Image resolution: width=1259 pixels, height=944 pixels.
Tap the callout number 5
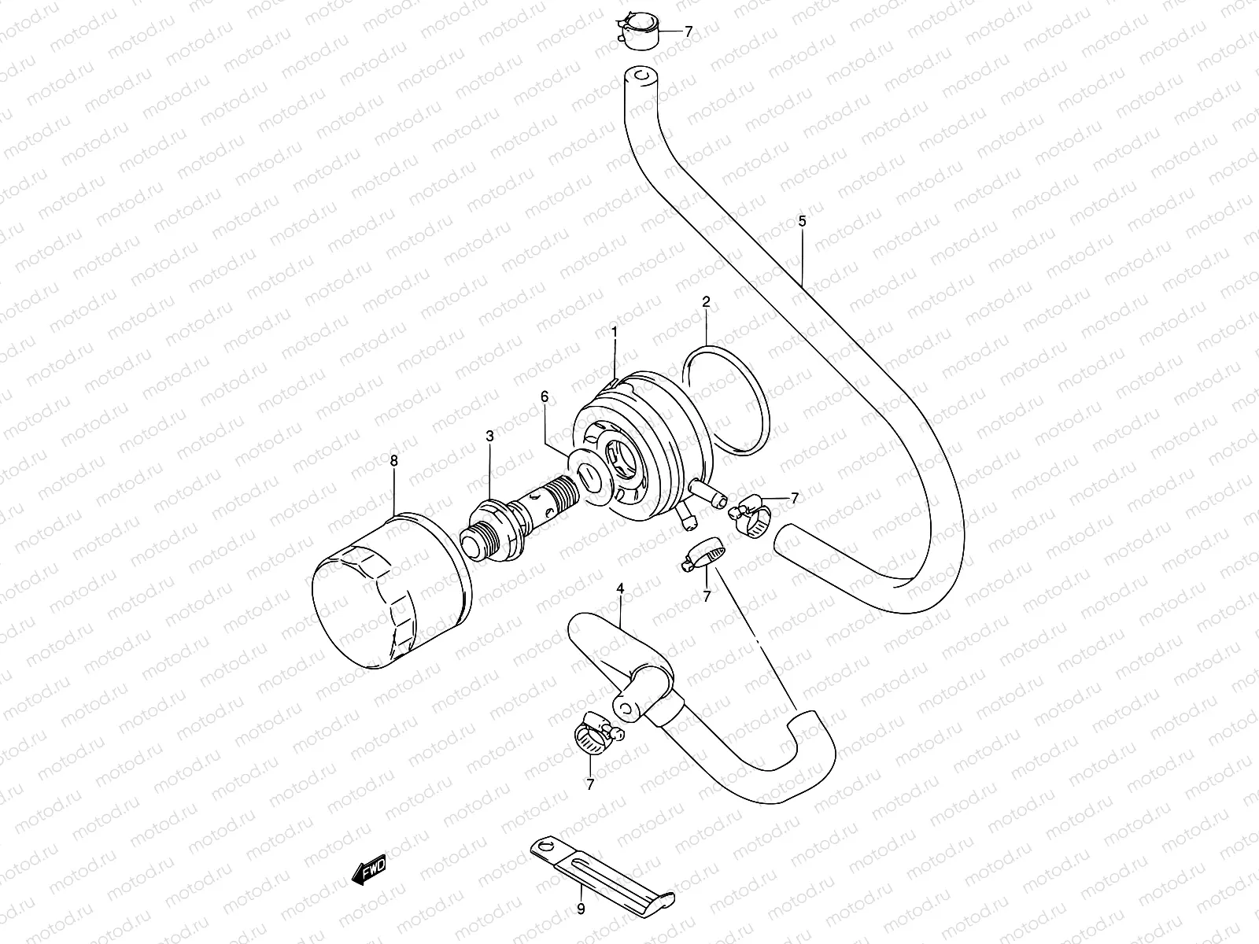802,221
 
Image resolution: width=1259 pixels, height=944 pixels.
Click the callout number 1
615,332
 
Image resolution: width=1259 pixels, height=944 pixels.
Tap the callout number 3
489,435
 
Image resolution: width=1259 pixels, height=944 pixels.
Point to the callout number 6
544,397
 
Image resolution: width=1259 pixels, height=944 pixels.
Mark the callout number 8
394,462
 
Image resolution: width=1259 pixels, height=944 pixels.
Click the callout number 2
706,301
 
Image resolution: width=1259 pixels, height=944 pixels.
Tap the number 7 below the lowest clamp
590,784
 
